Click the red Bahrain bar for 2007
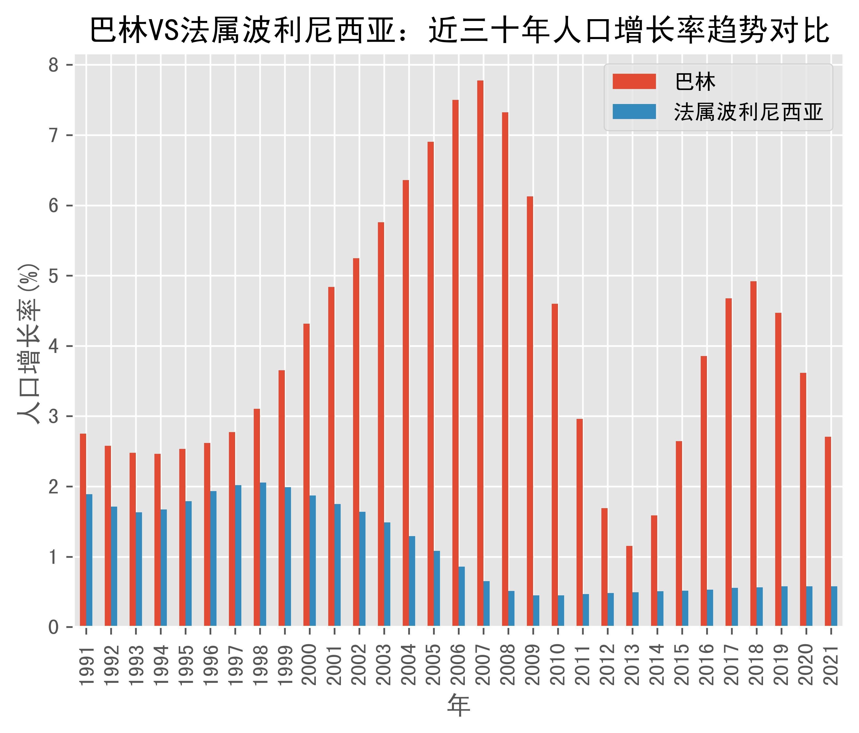pos(480,352)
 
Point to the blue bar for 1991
pos(89,560)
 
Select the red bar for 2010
pos(555,465)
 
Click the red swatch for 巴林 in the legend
pos(634,81)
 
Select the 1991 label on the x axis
pos(86,666)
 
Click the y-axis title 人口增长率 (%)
pos(29,344)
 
